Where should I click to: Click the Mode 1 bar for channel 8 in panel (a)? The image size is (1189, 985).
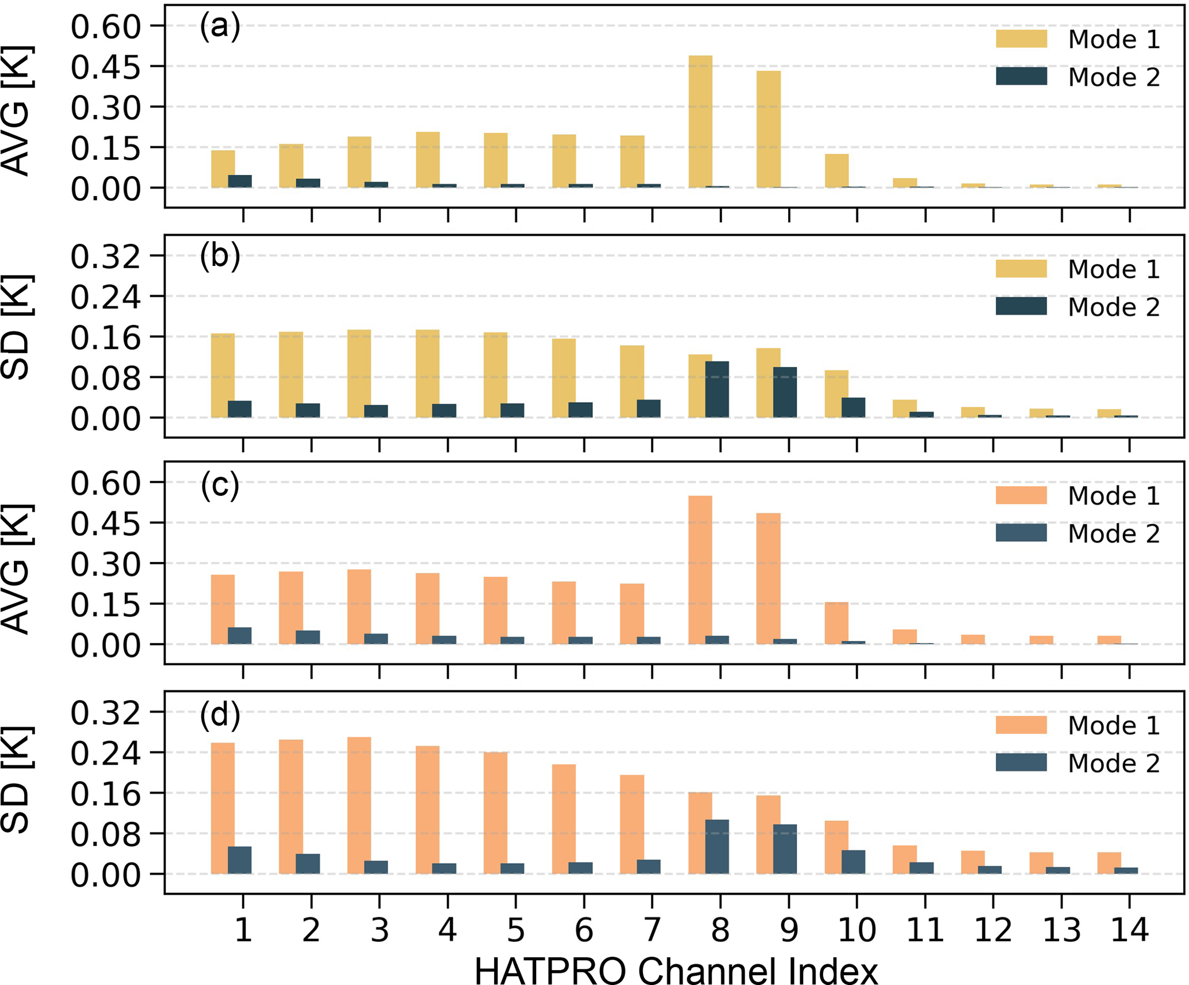[700, 121]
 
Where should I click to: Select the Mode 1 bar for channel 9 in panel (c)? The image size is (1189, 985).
[769, 578]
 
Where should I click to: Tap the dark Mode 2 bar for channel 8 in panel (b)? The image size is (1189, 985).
[717, 390]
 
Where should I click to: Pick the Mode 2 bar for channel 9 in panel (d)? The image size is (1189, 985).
[785, 849]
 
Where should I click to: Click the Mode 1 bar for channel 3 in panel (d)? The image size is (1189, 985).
[359, 805]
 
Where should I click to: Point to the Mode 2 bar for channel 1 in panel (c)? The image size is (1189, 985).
[240, 635]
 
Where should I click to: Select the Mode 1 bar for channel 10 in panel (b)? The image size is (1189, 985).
[836, 394]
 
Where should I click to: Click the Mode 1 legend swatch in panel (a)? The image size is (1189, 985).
[1021, 39]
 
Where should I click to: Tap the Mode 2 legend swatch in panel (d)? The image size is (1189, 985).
[1021, 762]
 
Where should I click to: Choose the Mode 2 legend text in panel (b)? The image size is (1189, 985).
[1114, 307]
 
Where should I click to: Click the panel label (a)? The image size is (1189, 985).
[220, 27]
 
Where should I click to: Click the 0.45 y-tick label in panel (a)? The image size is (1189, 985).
[106, 67]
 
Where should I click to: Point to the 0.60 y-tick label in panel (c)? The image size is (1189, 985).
[106, 483]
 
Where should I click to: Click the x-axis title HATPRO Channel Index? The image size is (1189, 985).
[676, 969]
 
